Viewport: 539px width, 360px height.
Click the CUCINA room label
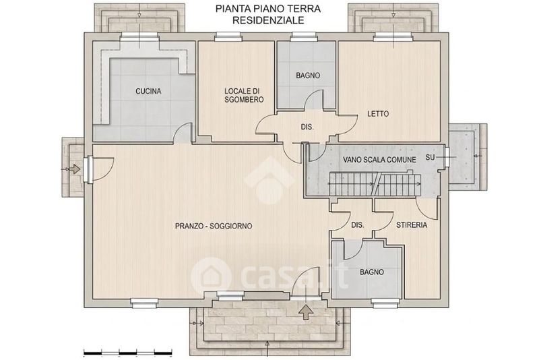click(x=148, y=92)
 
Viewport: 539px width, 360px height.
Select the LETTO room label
click(x=378, y=114)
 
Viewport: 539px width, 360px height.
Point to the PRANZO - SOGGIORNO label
click(x=214, y=227)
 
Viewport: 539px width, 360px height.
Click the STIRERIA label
click(x=412, y=225)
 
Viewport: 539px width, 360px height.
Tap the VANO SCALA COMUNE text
click(x=379, y=160)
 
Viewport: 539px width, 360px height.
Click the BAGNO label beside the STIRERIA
click(x=372, y=272)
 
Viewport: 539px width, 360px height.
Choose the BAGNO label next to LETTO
click(x=308, y=76)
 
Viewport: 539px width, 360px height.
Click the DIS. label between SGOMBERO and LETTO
click(x=307, y=127)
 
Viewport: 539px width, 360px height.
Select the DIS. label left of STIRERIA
click(x=358, y=225)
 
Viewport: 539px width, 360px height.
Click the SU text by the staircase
click(x=430, y=158)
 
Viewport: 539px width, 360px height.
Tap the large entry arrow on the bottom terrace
click(x=306, y=312)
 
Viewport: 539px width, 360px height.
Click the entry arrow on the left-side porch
click(x=75, y=169)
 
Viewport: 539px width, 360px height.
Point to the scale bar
click(x=128, y=353)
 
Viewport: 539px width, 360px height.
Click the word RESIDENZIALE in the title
click(x=268, y=20)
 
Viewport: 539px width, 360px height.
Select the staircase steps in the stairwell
click(x=375, y=184)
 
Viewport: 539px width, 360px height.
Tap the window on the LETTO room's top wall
click(x=393, y=37)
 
